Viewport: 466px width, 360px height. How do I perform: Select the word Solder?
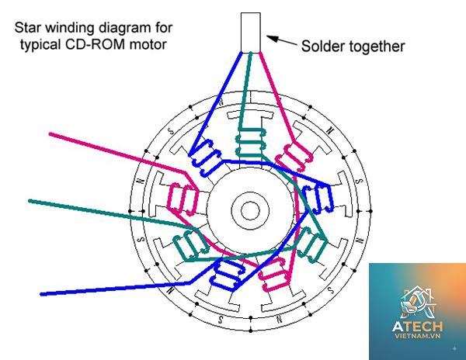(322, 47)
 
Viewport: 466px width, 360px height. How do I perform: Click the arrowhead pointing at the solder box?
(273, 38)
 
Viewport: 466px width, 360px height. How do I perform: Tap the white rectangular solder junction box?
(251, 33)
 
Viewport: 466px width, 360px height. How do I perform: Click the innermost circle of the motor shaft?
(250, 211)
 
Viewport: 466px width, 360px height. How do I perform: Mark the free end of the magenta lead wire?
(50, 134)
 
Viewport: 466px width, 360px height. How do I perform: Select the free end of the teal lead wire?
(30, 201)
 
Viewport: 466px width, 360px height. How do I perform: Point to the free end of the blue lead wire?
(42, 294)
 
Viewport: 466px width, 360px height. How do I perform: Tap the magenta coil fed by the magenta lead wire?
(183, 199)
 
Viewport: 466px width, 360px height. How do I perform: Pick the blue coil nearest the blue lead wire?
(228, 274)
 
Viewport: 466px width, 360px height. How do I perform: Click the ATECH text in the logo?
(417, 327)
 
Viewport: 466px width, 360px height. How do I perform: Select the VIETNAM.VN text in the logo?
(417, 336)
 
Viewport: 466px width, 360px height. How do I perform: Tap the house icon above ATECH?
(417, 302)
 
